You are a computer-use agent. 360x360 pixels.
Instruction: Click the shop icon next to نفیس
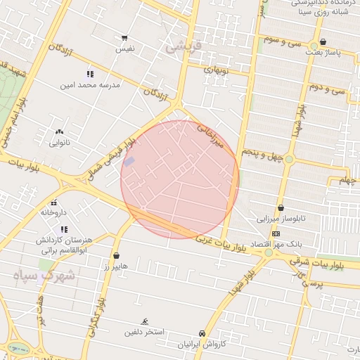(124, 38)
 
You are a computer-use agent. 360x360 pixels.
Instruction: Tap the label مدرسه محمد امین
(89, 84)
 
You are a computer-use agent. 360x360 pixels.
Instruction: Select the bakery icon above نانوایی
(58, 131)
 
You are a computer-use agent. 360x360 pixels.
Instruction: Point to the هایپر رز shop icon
(116, 256)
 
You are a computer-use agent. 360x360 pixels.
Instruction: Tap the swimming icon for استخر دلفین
(144, 321)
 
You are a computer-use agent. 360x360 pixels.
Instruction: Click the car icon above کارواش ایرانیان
(202, 333)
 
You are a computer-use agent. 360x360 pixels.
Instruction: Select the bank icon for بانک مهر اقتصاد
(276, 233)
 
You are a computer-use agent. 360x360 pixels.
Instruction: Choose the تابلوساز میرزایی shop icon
(281, 208)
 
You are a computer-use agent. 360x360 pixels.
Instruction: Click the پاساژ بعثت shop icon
(323, 41)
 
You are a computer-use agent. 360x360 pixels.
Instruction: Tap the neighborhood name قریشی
(184, 47)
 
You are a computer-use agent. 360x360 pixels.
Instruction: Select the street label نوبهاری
(217, 70)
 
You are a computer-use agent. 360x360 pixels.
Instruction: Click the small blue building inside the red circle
(129, 162)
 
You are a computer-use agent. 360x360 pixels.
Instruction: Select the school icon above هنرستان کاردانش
(64, 229)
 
